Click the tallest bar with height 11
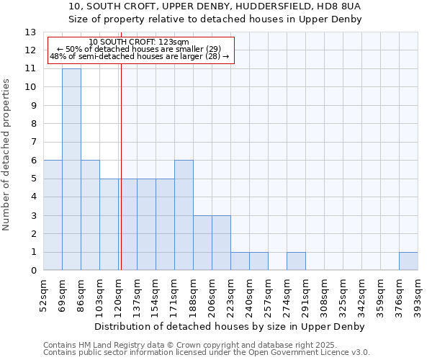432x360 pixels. [71, 169]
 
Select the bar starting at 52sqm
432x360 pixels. [53, 215]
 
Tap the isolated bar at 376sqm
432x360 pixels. [408, 261]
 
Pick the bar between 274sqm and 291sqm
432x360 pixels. [296, 261]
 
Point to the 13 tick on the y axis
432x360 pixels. [30, 32]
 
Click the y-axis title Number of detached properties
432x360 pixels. [6, 156]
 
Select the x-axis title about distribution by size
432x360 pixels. [230, 327]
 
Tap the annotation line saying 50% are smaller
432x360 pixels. [140, 49]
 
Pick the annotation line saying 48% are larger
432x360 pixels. [140, 56]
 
